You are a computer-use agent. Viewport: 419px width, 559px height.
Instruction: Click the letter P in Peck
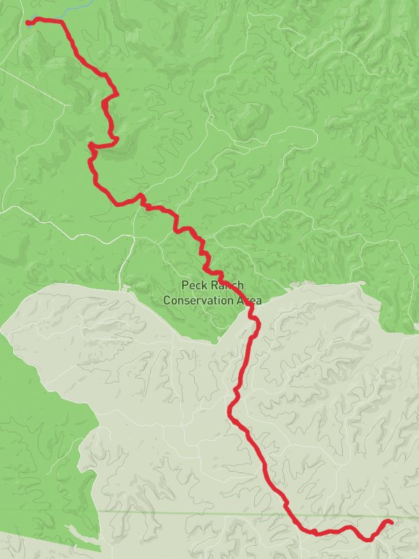point(184,285)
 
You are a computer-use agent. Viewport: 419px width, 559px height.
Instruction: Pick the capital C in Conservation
point(167,300)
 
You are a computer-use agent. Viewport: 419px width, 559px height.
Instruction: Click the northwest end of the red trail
point(28,22)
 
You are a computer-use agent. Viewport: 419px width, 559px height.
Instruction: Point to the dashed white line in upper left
point(35,87)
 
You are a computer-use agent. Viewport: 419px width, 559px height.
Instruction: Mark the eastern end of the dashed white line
point(68,105)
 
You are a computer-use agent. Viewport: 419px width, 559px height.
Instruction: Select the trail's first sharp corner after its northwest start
point(62,22)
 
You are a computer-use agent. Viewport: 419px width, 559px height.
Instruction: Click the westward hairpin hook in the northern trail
point(91,145)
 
